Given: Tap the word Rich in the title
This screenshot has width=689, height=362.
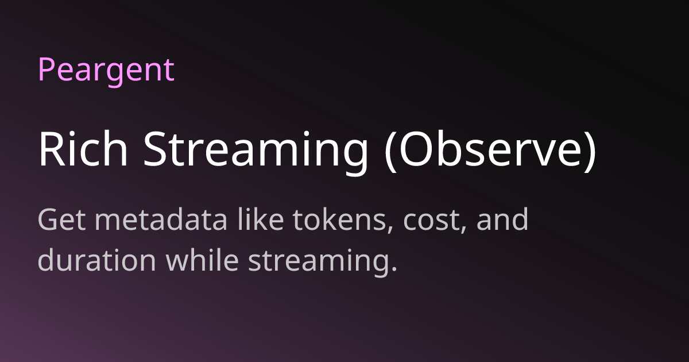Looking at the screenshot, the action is click(83, 149).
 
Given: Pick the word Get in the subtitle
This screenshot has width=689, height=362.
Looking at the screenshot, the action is click(61, 219).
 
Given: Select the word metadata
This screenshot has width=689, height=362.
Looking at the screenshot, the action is click(161, 219).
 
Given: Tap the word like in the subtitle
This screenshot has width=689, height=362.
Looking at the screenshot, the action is click(260, 218).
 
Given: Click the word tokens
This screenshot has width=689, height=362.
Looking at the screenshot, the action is click(339, 219).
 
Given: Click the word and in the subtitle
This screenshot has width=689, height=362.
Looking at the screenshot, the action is click(502, 219).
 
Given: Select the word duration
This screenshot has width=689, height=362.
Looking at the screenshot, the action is click(97, 260).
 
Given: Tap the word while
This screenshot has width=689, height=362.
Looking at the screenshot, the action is click(202, 260).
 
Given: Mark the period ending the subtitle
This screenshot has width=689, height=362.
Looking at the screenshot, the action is click(394, 268).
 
